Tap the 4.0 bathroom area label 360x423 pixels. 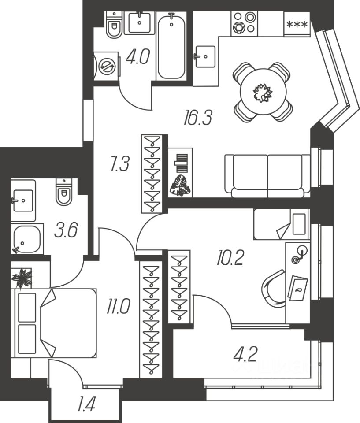click(x=137, y=57)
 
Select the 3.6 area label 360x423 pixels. click(x=66, y=230)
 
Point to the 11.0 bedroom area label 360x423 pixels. click(x=118, y=305)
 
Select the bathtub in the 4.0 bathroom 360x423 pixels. click(x=171, y=46)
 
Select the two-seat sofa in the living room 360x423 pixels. click(x=267, y=175)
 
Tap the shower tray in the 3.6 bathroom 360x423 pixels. click(x=27, y=239)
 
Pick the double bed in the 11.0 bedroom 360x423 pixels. click(x=55, y=323)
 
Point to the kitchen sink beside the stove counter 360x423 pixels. click(x=204, y=56)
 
